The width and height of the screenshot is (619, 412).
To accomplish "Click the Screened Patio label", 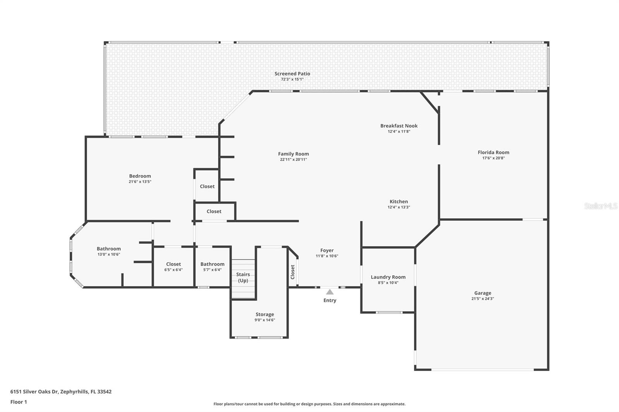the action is [x=292, y=74].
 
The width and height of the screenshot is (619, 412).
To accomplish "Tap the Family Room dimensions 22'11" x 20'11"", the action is [x=293, y=159].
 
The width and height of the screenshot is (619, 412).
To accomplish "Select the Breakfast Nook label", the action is [x=399, y=126].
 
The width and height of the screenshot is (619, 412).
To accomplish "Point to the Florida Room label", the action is [x=493, y=152].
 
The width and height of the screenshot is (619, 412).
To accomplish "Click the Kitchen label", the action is [x=398, y=202].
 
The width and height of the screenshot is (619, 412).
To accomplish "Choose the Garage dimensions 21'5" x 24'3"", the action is [x=482, y=298].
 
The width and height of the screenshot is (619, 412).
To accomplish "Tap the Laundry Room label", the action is [x=388, y=277].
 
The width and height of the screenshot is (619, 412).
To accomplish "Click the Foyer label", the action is [x=327, y=250].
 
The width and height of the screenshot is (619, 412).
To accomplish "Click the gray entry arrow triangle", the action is [x=330, y=292].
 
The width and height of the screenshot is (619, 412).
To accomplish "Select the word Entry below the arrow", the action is [x=330, y=300].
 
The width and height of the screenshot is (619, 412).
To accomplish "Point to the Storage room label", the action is [x=265, y=315].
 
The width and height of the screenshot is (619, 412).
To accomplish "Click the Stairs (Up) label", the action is [x=243, y=277].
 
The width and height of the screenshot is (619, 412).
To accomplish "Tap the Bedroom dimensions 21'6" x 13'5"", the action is [x=140, y=182].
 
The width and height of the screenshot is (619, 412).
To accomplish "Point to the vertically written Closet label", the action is [x=292, y=272].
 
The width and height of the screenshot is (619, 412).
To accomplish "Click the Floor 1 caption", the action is [x=19, y=402].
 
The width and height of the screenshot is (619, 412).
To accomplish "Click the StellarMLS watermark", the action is [x=600, y=206].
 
